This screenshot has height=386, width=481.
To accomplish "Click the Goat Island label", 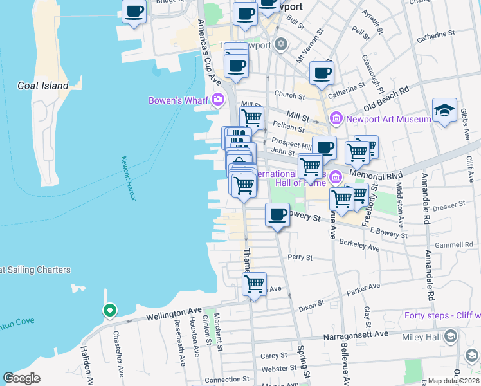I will pyautogui.click(x=43, y=86).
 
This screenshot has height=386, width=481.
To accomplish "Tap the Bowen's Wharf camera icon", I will pyautogui.click(x=218, y=100).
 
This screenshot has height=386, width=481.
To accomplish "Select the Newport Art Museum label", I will pyautogui.click(x=388, y=119).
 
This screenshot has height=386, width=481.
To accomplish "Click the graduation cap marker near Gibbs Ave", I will pyautogui.click(x=445, y=111).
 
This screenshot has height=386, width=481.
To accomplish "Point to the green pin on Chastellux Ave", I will pyautogui.click(x=110, y=311).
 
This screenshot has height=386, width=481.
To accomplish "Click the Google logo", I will pyautogui.click(x=21, y=378).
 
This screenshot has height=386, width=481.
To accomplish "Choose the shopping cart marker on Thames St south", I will pyautogui.click(x=255, y=284).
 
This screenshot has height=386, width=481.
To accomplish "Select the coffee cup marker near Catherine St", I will pyautogui.click(x=322, y=73).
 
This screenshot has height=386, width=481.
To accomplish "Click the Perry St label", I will pyautogui.click(x=300, y=257).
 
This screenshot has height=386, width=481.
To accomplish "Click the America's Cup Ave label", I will pyautogui.click(x=209, y=53).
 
